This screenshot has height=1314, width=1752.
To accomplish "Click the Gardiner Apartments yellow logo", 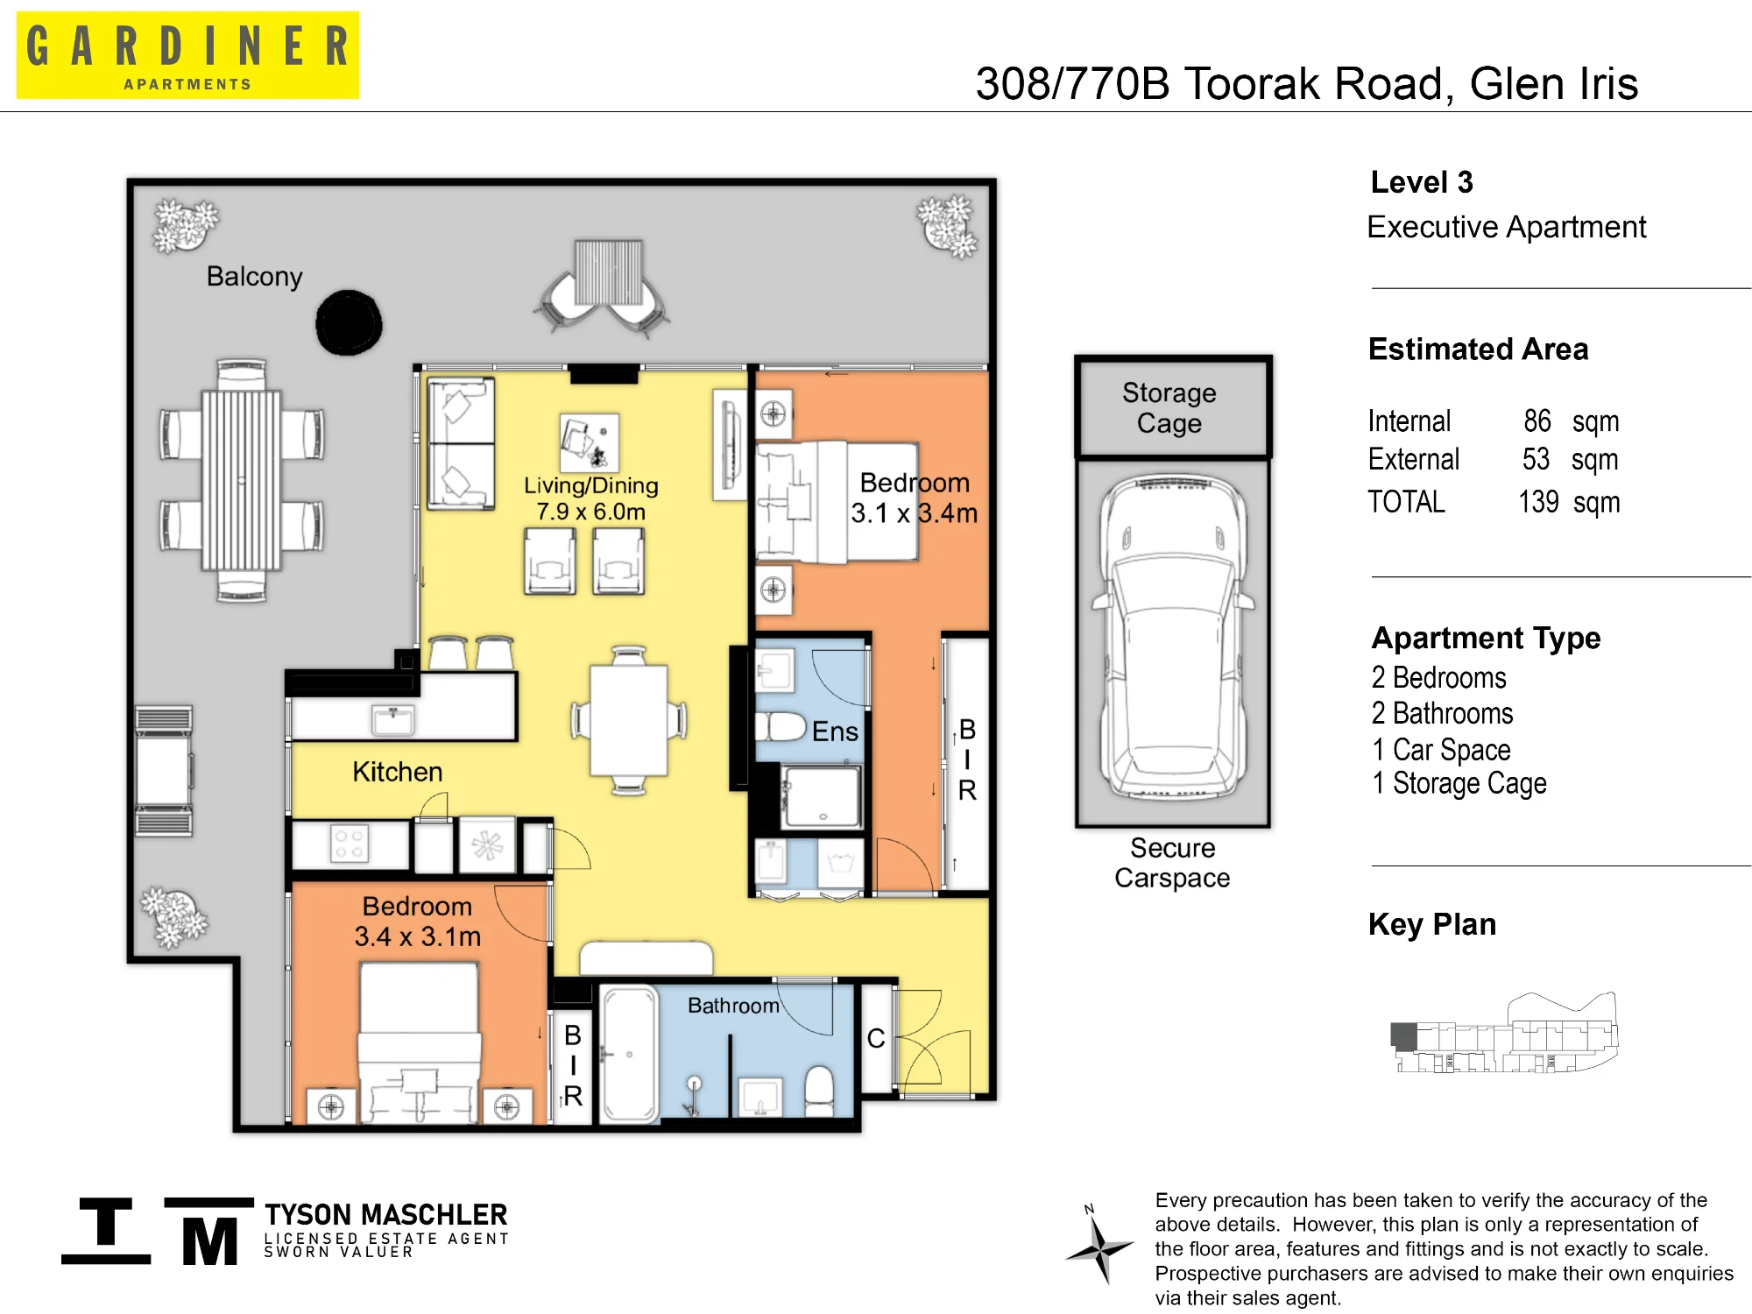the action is [187, 55].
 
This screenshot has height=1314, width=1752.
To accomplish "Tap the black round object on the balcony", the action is [349, 322].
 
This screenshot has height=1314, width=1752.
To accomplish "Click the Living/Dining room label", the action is [591, 498].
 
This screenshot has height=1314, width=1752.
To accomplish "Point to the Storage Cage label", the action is [1169, 407].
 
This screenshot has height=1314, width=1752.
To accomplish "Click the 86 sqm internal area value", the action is [1571, 421].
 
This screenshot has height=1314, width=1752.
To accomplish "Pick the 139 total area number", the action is [1538, 502].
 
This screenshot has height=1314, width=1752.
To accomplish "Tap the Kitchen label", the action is [398, 772].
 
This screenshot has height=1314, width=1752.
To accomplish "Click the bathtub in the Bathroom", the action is [629, 1054].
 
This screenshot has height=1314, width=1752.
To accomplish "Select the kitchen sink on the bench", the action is [393, 721].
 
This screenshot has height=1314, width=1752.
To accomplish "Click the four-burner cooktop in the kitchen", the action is [349, 844].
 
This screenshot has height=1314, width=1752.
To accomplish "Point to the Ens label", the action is [835, 731].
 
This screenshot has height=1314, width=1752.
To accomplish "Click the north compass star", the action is [1099, 1247].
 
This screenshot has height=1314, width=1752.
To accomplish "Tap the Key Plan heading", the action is [1432, 925].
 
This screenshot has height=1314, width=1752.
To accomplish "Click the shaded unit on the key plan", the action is [1404, 1036].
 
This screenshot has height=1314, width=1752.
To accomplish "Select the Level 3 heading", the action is [1422, 182].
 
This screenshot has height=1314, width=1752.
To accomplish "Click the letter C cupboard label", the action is [876, 1039].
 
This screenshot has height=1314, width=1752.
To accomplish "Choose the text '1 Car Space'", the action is [1442, 750].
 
